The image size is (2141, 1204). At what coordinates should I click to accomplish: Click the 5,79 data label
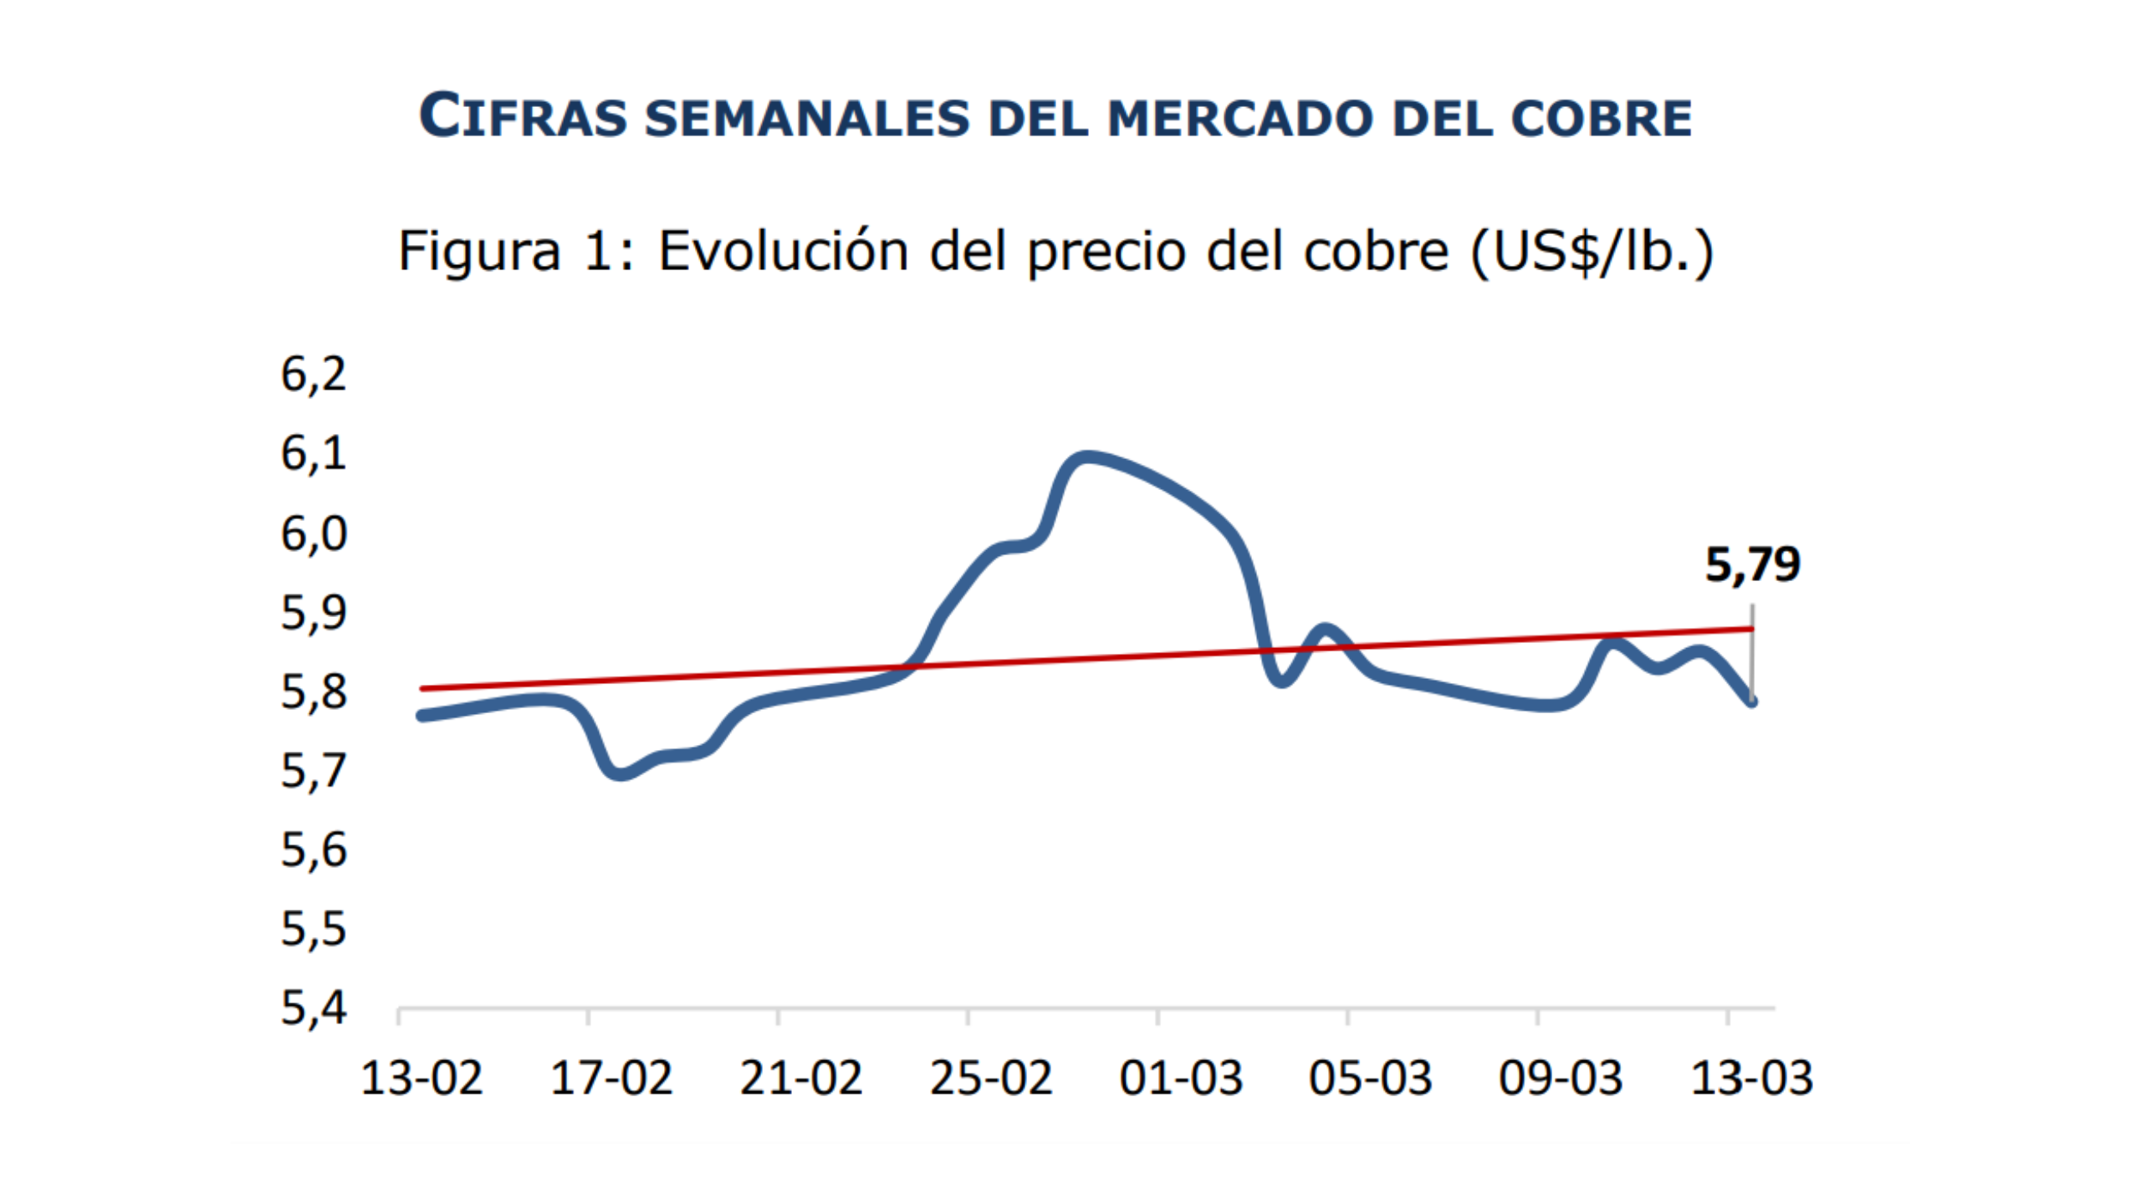pos(1751,564)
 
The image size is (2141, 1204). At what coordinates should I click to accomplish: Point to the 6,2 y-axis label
pos(313,374)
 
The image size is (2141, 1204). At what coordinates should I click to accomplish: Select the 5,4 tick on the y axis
pos(313,1008)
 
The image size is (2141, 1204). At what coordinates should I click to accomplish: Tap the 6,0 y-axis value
pos(313,533)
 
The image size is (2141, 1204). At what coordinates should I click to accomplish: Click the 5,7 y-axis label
pos(313,770)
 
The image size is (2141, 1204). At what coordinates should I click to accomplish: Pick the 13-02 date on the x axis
pos(421,1078)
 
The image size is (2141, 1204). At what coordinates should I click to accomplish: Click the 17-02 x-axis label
pos(611,1078)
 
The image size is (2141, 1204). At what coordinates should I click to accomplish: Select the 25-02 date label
pos(990,1078)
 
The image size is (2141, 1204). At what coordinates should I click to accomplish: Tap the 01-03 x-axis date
pos(1180,1078)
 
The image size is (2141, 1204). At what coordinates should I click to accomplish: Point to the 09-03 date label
pos(1560,1078)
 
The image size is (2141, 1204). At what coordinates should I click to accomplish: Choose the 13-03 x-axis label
pos(1751,1078)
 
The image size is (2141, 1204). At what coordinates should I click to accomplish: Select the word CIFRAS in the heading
pos(523,117)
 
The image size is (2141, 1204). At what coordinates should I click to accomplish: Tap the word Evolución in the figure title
pos(783,251)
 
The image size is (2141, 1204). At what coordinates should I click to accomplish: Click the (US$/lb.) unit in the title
pos(1592,251)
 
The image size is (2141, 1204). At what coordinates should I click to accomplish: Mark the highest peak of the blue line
pos(1084,458)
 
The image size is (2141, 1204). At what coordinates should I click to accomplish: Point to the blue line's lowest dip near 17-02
pos(619,773)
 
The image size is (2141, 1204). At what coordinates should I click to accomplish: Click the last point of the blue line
pos(1751,701)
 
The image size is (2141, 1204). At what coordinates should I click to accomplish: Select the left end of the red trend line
pos(423,689)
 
